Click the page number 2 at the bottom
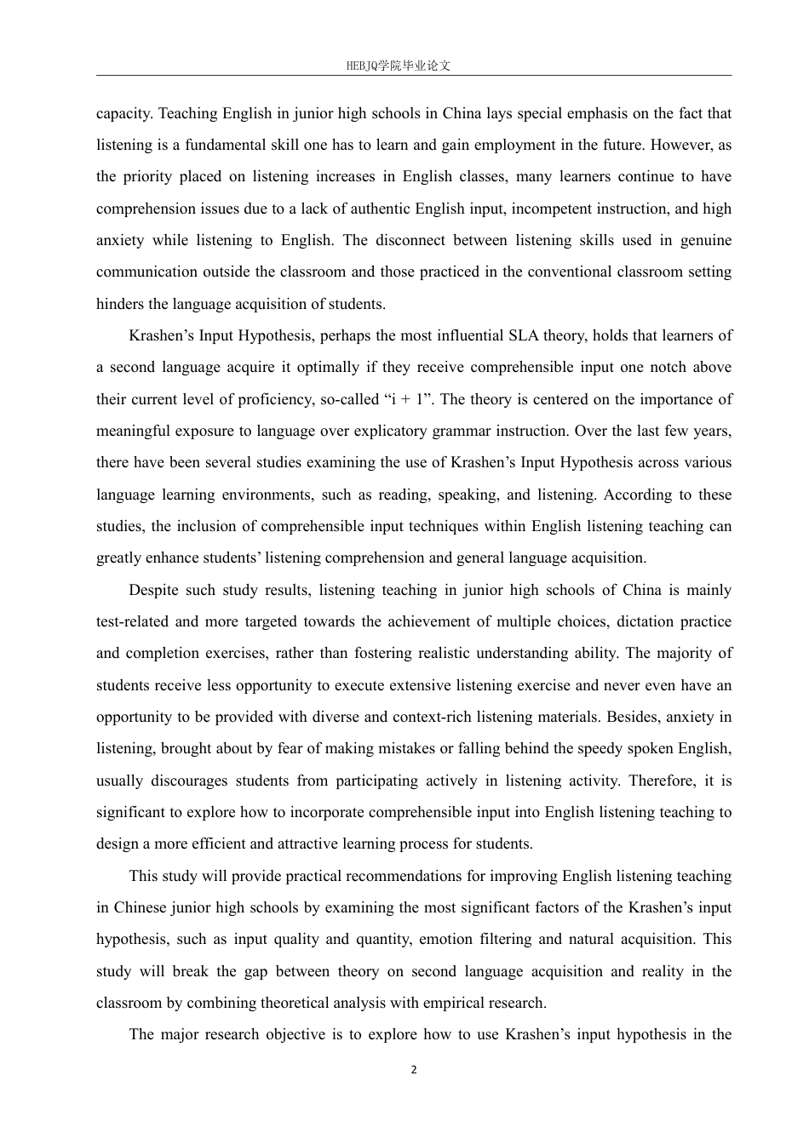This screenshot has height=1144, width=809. pyautogui.click(x=414, y=1070)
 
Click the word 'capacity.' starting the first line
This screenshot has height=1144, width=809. pyautogui.click(x=125, y=113)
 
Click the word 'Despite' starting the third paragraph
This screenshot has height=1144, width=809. pyautogui.click(x=154, y=590)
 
